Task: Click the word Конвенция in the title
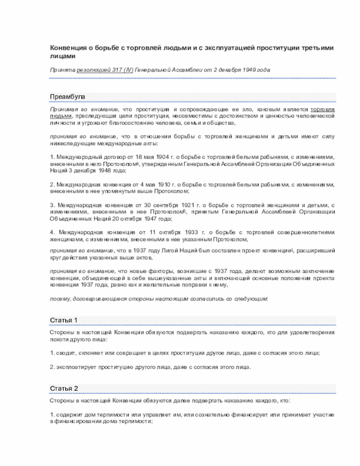point(67,49)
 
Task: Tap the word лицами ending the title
point(61,57)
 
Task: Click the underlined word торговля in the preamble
point(323,109)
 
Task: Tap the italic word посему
point(59,298)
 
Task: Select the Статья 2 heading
point(64,388)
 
